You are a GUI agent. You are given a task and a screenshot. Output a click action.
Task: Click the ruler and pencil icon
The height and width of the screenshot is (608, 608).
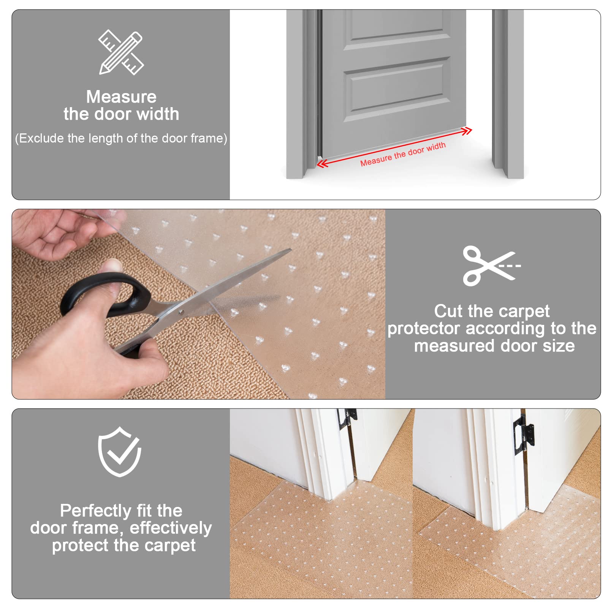(x=121, y=52)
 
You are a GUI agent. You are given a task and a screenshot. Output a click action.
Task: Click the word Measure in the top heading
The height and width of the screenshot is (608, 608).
(x=121, y=97)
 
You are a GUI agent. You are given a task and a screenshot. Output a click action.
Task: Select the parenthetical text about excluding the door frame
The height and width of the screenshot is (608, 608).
(x=121, y=138)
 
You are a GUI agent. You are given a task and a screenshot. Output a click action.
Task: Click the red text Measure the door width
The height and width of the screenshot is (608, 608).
(x=403, y=154)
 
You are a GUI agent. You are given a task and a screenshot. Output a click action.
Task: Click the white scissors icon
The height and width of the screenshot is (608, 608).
(x=490, y=266)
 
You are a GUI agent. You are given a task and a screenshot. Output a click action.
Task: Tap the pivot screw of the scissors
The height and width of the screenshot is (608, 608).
(x=181, y=312)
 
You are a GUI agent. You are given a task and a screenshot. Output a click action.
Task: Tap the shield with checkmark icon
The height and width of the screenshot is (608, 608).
(x=120, y=452)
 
